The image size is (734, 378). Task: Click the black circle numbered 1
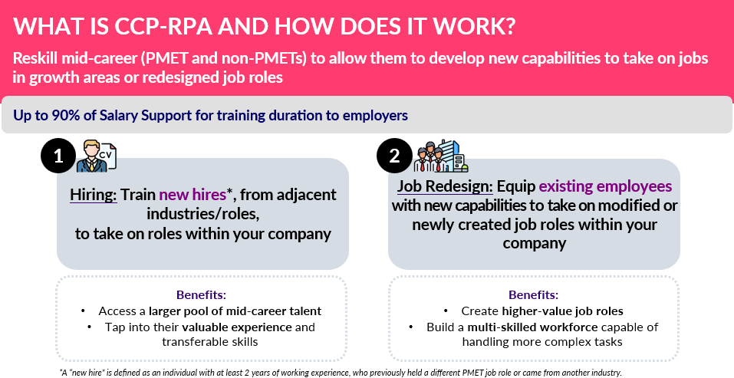(x=58, y=156)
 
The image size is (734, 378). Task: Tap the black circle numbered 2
(x=395, y=156)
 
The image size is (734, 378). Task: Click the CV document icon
(x=107, y=155)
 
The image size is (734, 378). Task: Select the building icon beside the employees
(x=453, y=156)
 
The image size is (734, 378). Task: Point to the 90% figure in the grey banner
(x=65, y=115)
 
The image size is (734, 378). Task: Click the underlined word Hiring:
(x=94, y=195)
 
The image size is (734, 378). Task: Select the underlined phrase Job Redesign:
(x=445, y=186)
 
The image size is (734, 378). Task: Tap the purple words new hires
(x=193, y=195)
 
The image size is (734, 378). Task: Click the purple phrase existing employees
(x=606, y=186)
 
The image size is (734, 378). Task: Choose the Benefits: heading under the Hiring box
(x=201, y=295)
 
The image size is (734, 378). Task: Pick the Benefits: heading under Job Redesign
(x=534, y=295)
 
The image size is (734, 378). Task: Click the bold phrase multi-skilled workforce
(x=533, y=327)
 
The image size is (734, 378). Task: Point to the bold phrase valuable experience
(x=237, y=327)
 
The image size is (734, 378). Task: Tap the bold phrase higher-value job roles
(x=563, y=311)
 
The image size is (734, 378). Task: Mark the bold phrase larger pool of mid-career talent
(x=235, y=311)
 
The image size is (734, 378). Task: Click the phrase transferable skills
(x=210, y=342)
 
